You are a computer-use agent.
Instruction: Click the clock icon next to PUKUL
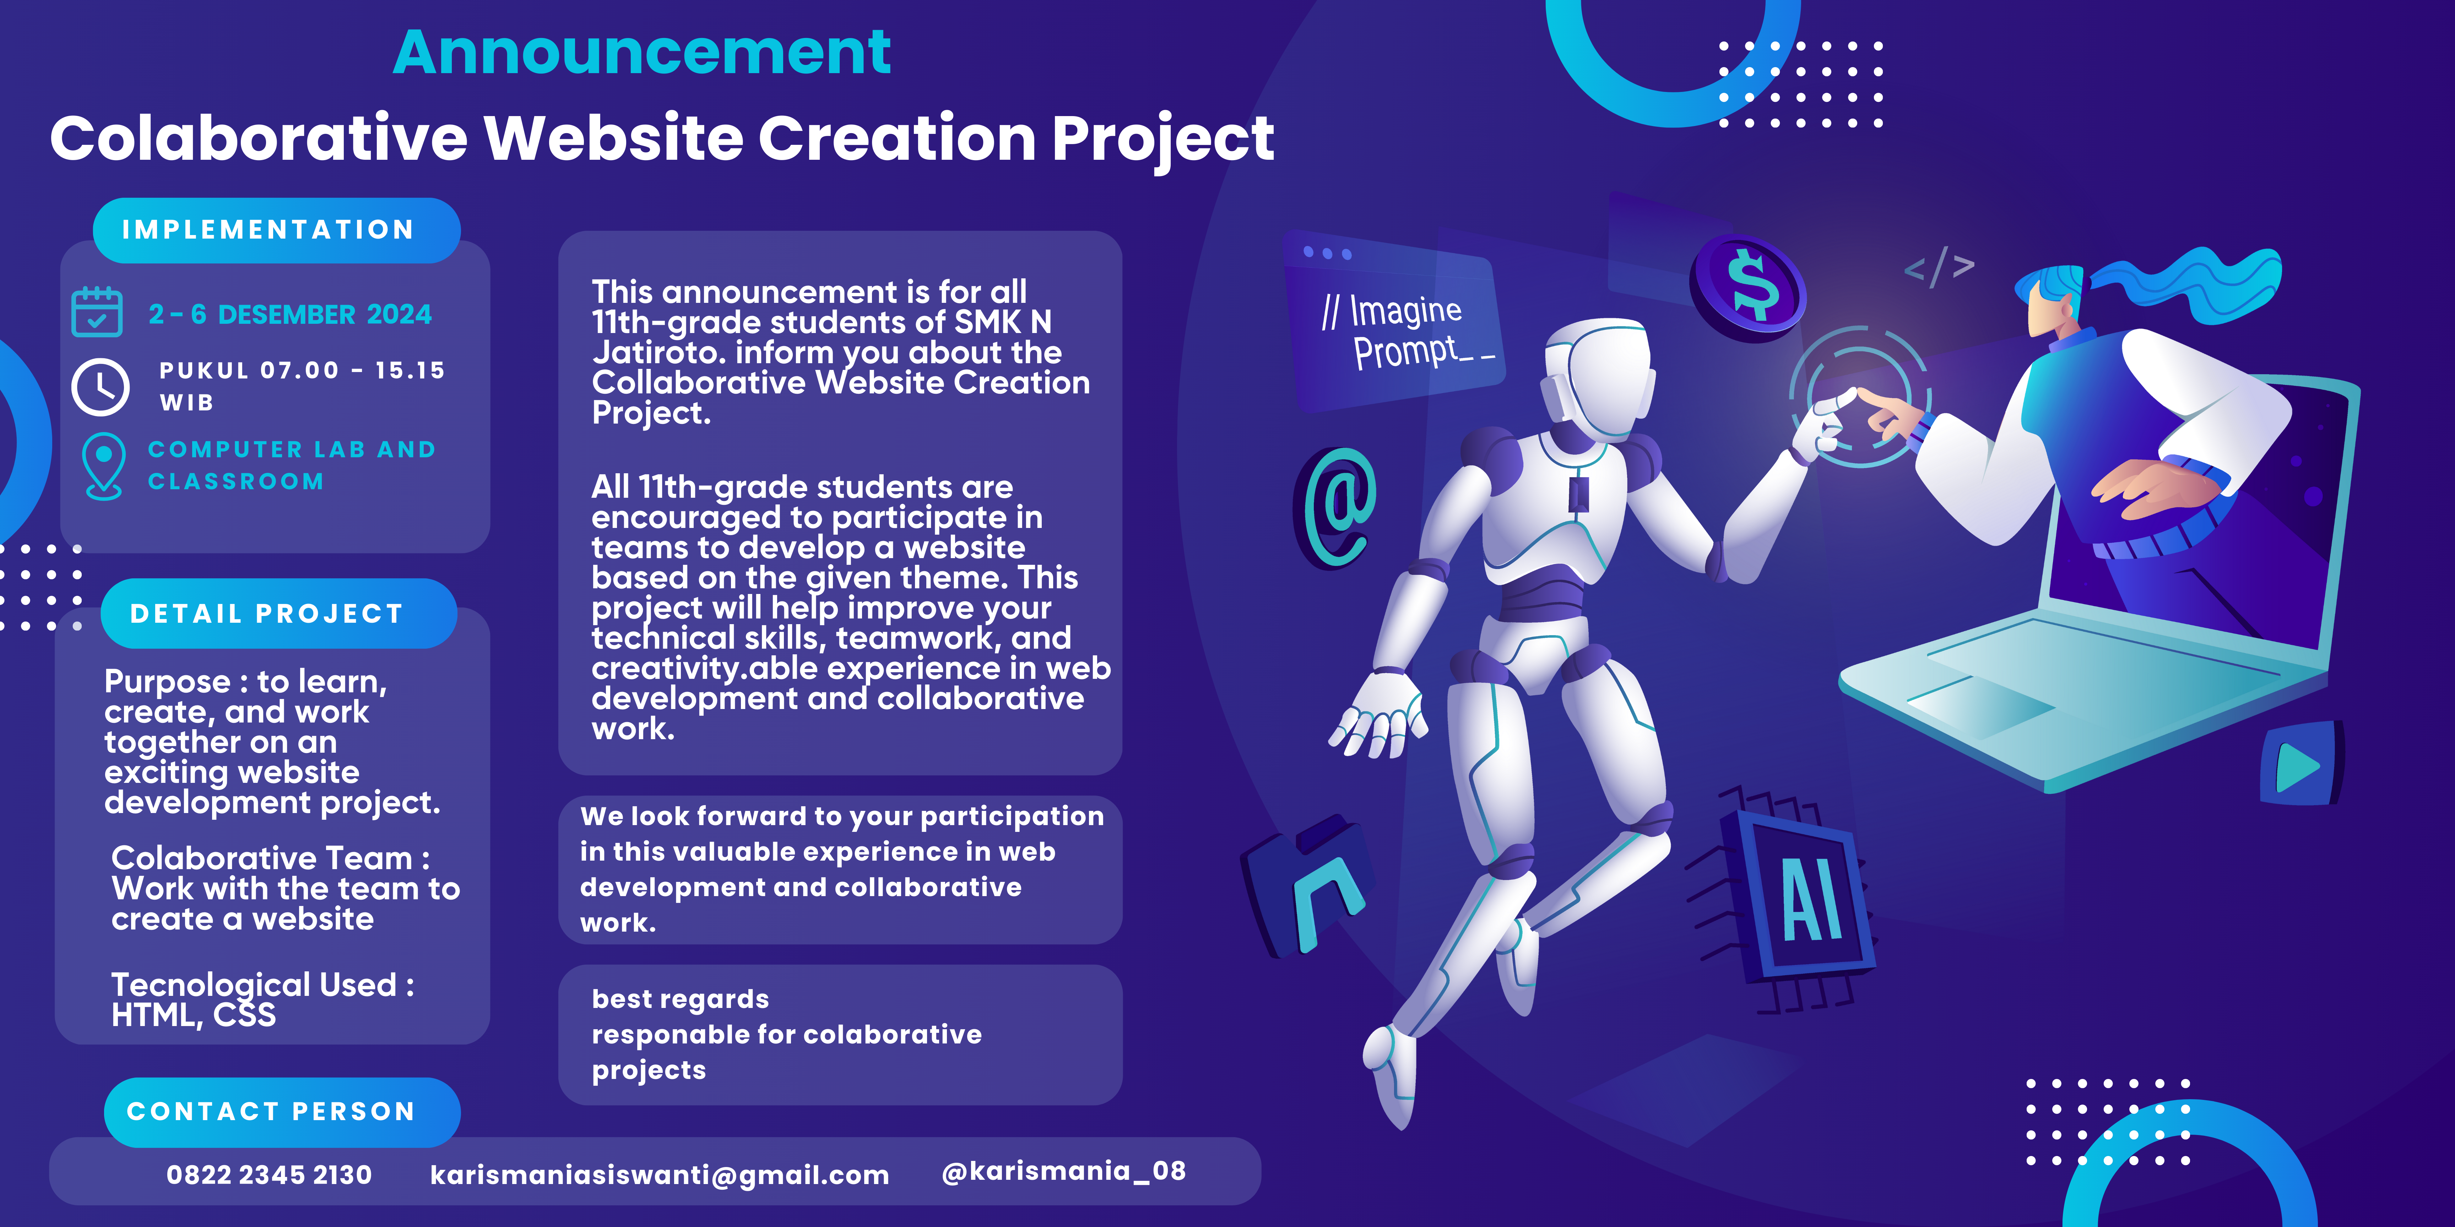pos(100,387)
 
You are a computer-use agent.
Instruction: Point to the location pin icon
pos(103,466)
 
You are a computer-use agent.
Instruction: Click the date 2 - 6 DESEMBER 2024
pos(290,314)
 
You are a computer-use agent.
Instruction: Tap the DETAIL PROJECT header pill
pos(278,613)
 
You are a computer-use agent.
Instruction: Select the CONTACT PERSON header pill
pos(282,1112)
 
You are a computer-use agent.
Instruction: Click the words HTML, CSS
pos(194,1015)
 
